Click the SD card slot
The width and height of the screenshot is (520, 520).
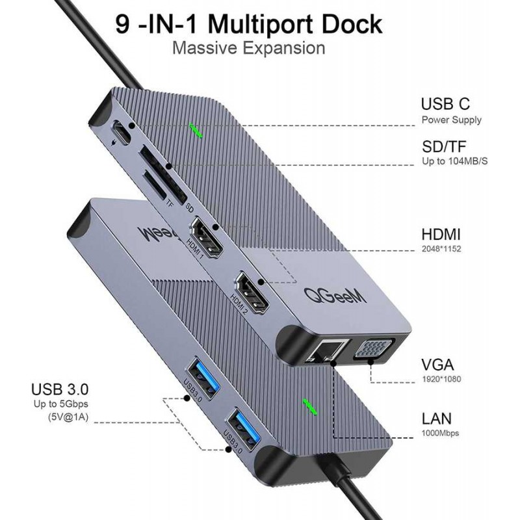[164, 174]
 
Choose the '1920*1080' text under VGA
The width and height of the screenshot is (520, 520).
[441, 379]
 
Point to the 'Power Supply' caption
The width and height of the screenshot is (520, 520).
[451, 120]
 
